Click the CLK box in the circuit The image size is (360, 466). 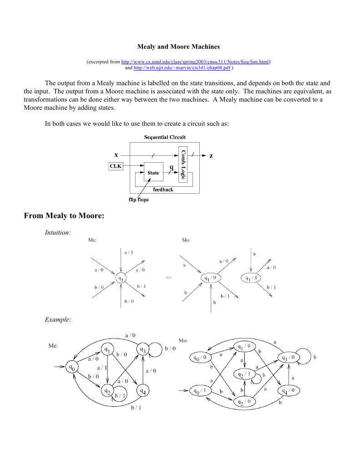tap(116, 166)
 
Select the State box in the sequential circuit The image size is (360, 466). tap(153, 172)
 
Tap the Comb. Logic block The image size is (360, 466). tap(183, 164)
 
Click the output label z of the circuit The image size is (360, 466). tap(211, 156)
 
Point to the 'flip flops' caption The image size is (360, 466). tap(137, 199)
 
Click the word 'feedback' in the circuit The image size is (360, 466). tap(162, 189)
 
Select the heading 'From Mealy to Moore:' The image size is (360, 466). tap(64, 215)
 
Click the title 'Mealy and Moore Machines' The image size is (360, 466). tap(178, 46)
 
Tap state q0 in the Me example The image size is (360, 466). tap(71, 366)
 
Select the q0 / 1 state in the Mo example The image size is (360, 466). tap(200, 390)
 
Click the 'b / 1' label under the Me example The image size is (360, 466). tap(136, 408)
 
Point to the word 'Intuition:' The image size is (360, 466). tap(58, 233)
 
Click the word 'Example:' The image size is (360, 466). tap(58, 320)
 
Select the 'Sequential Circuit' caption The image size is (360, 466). tap(164, 137)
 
